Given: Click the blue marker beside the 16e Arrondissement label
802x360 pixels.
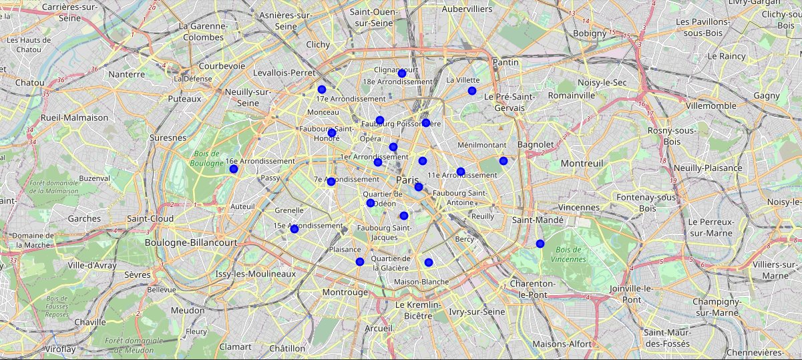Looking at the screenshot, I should pos(234,169).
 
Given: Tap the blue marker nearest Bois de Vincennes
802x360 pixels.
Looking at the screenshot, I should pos(540,244).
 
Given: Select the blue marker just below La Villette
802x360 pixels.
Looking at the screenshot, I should pos(472,91).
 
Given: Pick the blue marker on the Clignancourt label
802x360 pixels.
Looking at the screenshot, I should pos(402,73).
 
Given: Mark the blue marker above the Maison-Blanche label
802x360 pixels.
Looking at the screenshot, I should pos(429,262).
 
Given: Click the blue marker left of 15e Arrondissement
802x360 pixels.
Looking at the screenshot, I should pos(294,229).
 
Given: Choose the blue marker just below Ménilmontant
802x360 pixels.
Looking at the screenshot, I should pos(504,161).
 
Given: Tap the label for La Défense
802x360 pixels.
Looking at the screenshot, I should pos(193,78).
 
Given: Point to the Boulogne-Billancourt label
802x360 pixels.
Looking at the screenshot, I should pos(191,243).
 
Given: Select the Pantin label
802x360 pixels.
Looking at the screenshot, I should pos(505,62).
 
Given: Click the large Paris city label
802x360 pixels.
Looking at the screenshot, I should pos(407,181).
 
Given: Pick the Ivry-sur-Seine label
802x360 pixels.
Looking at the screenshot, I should pos(477,312).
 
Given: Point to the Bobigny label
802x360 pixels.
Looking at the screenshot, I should pos(588,33).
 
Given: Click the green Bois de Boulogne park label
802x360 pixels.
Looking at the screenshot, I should pos(205,158).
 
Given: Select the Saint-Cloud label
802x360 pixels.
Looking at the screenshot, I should pos(150,218).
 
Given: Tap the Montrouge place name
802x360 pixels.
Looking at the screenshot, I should pos(345,293).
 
